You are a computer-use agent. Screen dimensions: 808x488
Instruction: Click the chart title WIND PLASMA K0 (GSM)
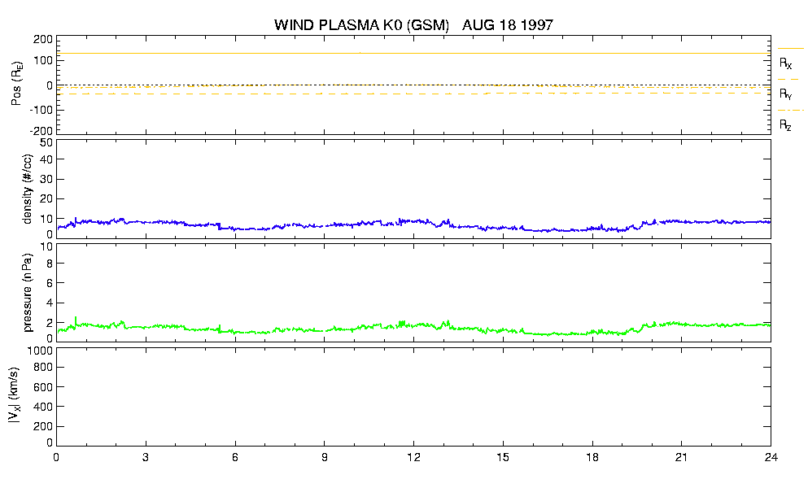362,24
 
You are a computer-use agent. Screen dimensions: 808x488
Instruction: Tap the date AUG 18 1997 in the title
508,24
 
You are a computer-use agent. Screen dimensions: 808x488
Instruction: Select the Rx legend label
785,63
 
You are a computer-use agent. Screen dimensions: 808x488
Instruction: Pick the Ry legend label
785,94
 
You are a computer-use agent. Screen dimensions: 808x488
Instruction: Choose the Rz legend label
785,124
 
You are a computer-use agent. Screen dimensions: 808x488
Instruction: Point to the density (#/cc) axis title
28,189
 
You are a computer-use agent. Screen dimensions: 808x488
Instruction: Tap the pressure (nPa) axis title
28,292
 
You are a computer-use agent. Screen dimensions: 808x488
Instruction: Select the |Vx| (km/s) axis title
15,395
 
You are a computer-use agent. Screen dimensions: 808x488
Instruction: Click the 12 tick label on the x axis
413,457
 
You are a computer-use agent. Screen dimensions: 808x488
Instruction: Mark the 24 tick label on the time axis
771,457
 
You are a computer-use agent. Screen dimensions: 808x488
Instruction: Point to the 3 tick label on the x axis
146,457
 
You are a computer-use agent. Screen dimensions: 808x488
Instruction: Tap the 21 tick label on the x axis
681,457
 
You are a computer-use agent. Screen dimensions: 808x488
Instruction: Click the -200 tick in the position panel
41,131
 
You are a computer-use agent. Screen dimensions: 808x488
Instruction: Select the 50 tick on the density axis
46,143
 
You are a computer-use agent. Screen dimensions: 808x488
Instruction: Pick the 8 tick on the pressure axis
50,264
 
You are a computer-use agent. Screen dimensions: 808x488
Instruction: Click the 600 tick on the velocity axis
43,387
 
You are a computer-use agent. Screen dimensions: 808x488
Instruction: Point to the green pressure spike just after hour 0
76,321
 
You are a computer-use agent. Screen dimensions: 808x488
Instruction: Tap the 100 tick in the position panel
44,60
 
